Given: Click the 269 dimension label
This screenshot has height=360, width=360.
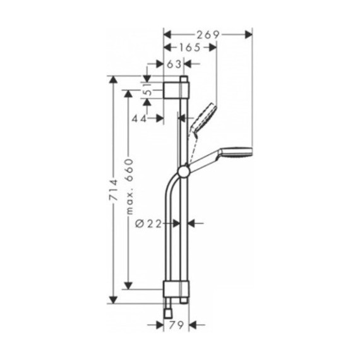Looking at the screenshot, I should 208,34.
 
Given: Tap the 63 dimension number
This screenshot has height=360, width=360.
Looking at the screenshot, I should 174,64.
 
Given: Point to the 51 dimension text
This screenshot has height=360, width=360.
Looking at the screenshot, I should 147,92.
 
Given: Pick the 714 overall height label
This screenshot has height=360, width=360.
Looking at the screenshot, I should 114,190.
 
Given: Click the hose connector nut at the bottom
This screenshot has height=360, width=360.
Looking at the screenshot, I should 169,311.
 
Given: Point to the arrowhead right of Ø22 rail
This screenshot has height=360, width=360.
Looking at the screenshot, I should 194,222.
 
